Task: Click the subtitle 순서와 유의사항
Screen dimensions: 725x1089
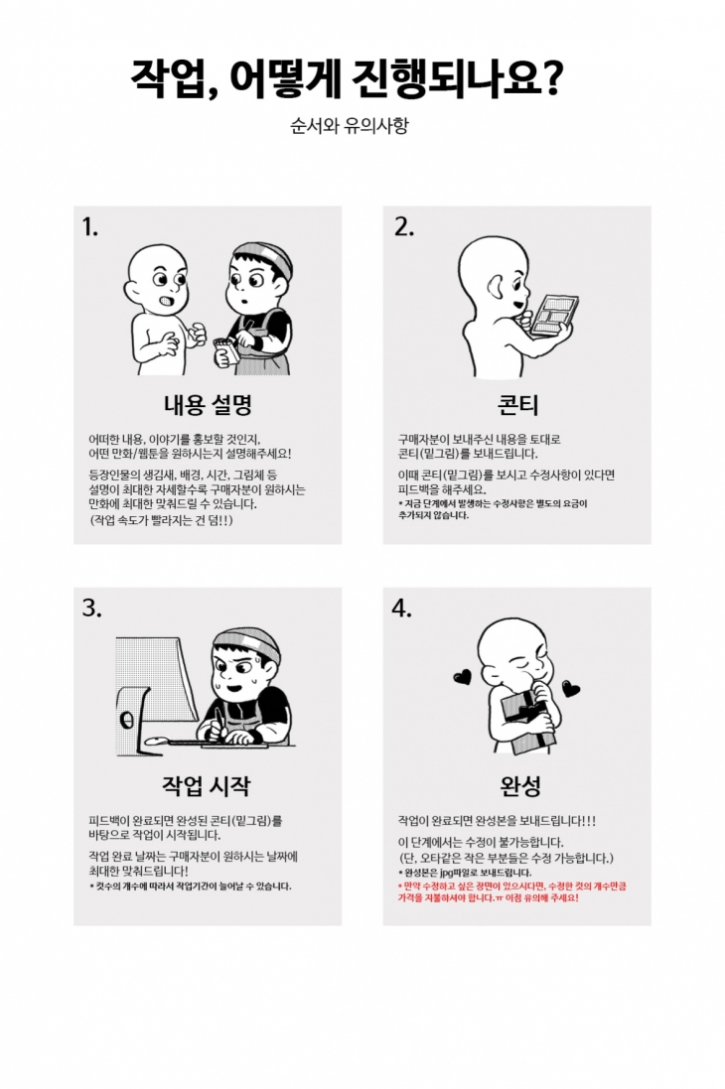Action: pyautogui.click(x=349, y=126)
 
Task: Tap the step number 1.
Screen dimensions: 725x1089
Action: pyautogui.click(x=89, y=226)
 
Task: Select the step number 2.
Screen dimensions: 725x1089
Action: pyautogui.click(x=404, y=226)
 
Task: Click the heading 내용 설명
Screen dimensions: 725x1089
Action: pyautogui.click(x=208, y=404)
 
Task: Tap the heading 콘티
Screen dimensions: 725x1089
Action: pyautogui.click(x=517, y=404)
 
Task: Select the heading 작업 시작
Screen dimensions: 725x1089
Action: pyautogui.click(x=207, y=785)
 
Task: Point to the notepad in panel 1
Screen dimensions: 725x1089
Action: pyautogui.click(x=225, y=354)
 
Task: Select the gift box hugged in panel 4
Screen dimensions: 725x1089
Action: pyautogui.click(x=529, y=723)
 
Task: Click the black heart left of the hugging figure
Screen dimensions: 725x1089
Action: pyautogui.click(x=462, y=676)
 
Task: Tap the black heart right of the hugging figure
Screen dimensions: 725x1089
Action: pyautogui.click(x=571, y=689)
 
